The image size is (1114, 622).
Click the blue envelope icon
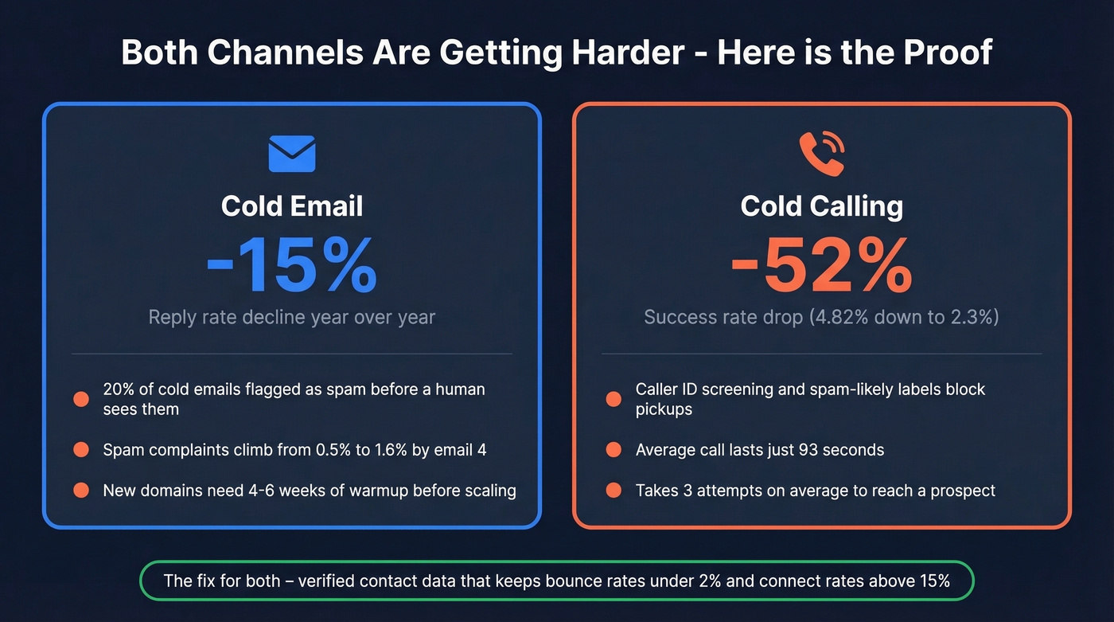click(292, 154)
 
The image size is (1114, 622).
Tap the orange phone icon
click(821, 154)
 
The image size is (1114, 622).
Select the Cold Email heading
click(292, 206)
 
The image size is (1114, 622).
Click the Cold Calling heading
click(821, 206)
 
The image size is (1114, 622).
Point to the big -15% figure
click(292, 266)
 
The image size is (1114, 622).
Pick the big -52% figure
click(821, 266)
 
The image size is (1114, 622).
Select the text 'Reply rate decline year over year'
click(292, 317)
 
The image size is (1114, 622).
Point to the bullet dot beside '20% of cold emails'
click(81, 399)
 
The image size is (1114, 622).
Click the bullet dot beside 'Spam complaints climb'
click(81, 450)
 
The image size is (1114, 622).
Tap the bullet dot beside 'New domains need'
click(81, 491)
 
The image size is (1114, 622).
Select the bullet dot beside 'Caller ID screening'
click(613, 399)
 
